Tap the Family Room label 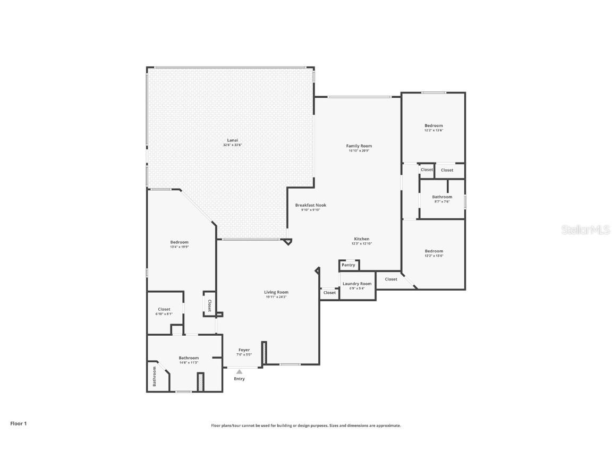[x=359, y=146]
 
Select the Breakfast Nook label [x=311, y=205]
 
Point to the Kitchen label [x=362, y=239]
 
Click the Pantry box [x=348, y=265]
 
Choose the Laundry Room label [x=357, y=284]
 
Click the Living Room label [x=276, y=292]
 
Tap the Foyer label [x=244, y=350]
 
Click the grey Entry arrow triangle [x=240, y=372]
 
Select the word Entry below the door [x=240, y=379]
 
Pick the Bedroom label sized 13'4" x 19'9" [x=179, y=242]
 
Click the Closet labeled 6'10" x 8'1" [x=164, y=309]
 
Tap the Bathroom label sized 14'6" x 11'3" [x=189, y=358]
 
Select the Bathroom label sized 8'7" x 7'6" [x=442, y=197]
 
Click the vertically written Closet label [x=209, y=305]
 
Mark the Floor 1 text [x=18, y=423]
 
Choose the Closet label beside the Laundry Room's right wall [x=391, y=279]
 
